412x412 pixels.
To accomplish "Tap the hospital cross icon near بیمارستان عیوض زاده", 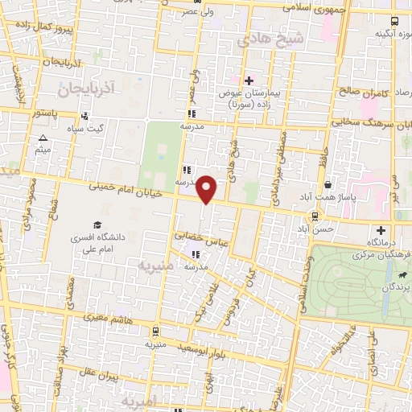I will [x=249, y=80].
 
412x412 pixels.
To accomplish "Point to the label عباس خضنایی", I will [x=203, y=237].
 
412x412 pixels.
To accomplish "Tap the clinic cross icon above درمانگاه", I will [x=381, y=231].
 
